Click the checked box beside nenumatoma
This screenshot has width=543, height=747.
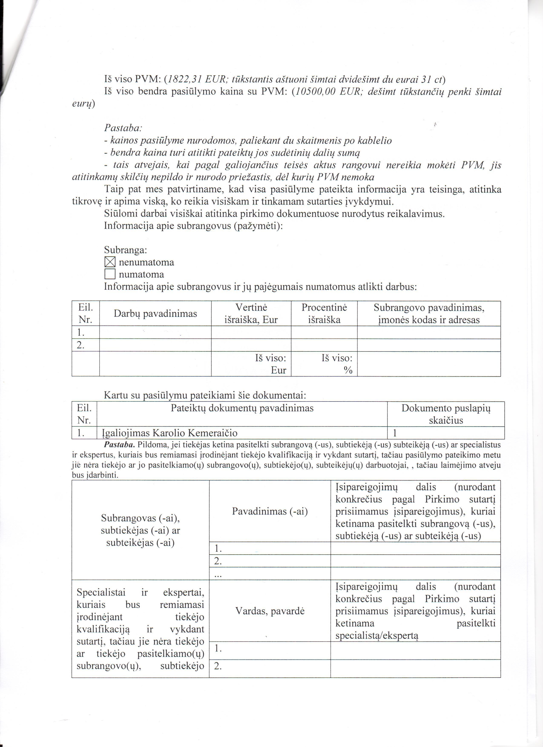pyautogui.click(x=110, y=262)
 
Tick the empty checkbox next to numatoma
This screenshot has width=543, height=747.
pyautogui.click(x=110, y=274)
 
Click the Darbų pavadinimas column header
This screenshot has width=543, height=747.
pyautogui.click(x=155, y=314)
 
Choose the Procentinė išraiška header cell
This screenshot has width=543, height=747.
pyautogui.click(x=324, y=314)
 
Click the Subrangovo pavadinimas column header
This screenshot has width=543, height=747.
pyautogui.click(x=429, y=314)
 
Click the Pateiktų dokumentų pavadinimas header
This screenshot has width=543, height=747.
pyautogui.click(x=242, y=408)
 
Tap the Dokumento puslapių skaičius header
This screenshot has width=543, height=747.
pyautogui.click(x=446, y=414)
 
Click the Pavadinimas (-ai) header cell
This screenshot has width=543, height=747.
pyautogui.click(x=270, y=511)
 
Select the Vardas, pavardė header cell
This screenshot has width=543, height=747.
pyautogui.click(x=270, y=611)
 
